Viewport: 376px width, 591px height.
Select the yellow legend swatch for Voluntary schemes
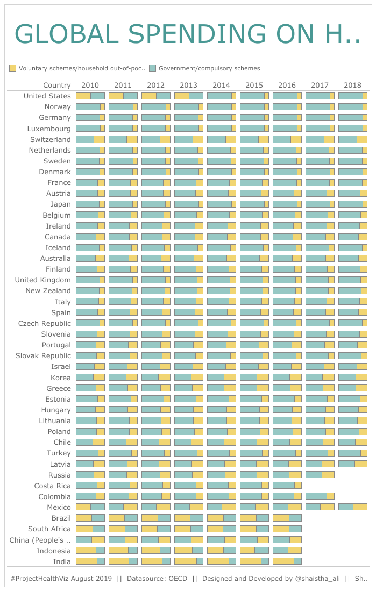13,68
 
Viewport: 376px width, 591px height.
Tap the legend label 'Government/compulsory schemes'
209,68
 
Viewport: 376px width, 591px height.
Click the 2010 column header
90,85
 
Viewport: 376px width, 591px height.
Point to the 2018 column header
352,85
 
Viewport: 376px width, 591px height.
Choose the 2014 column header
221,85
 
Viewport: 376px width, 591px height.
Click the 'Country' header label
56,85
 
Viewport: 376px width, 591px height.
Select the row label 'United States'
47,96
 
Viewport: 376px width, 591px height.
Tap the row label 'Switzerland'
51,139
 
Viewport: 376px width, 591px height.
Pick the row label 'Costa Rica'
52,486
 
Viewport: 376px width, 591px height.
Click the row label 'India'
62,561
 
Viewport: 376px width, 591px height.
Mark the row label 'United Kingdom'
42,280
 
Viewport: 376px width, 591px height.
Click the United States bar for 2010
90,96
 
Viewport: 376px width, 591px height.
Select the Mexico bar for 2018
352,507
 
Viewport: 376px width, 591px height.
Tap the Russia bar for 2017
320,475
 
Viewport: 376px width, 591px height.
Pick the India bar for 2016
287,561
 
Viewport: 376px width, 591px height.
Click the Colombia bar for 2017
320,496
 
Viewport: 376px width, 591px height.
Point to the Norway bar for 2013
188,106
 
